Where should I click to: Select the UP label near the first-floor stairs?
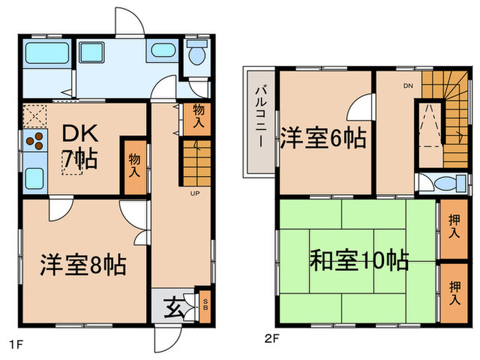(195, 193)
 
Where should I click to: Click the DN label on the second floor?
(407, 86)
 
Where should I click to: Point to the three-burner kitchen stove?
(36, 143)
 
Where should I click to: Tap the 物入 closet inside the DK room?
(134, 167)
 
